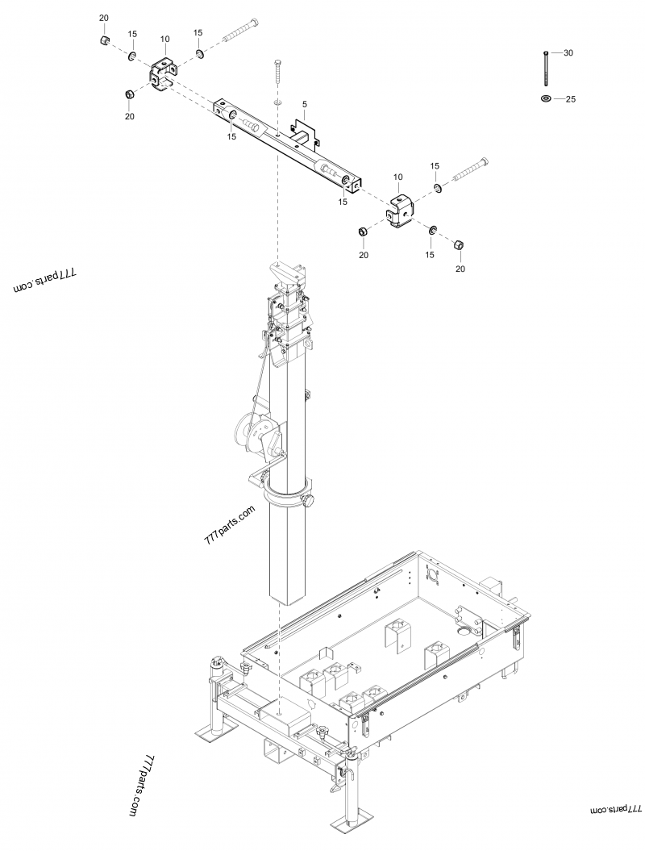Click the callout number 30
tap(568, 52)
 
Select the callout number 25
tap(570, 99)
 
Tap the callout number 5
tap(305, 104)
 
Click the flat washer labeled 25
tap(546, 98)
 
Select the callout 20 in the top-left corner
tap(103, 18)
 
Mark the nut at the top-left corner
tap(104, 40)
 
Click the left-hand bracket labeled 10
tap(164, 73)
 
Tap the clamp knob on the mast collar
tap(309, 502)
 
